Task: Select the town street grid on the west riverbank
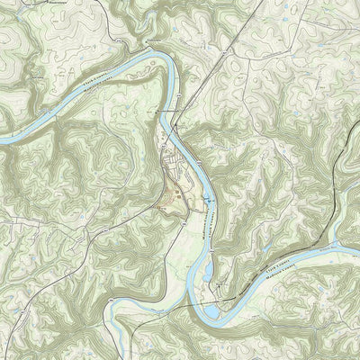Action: (x=171, y=166)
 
